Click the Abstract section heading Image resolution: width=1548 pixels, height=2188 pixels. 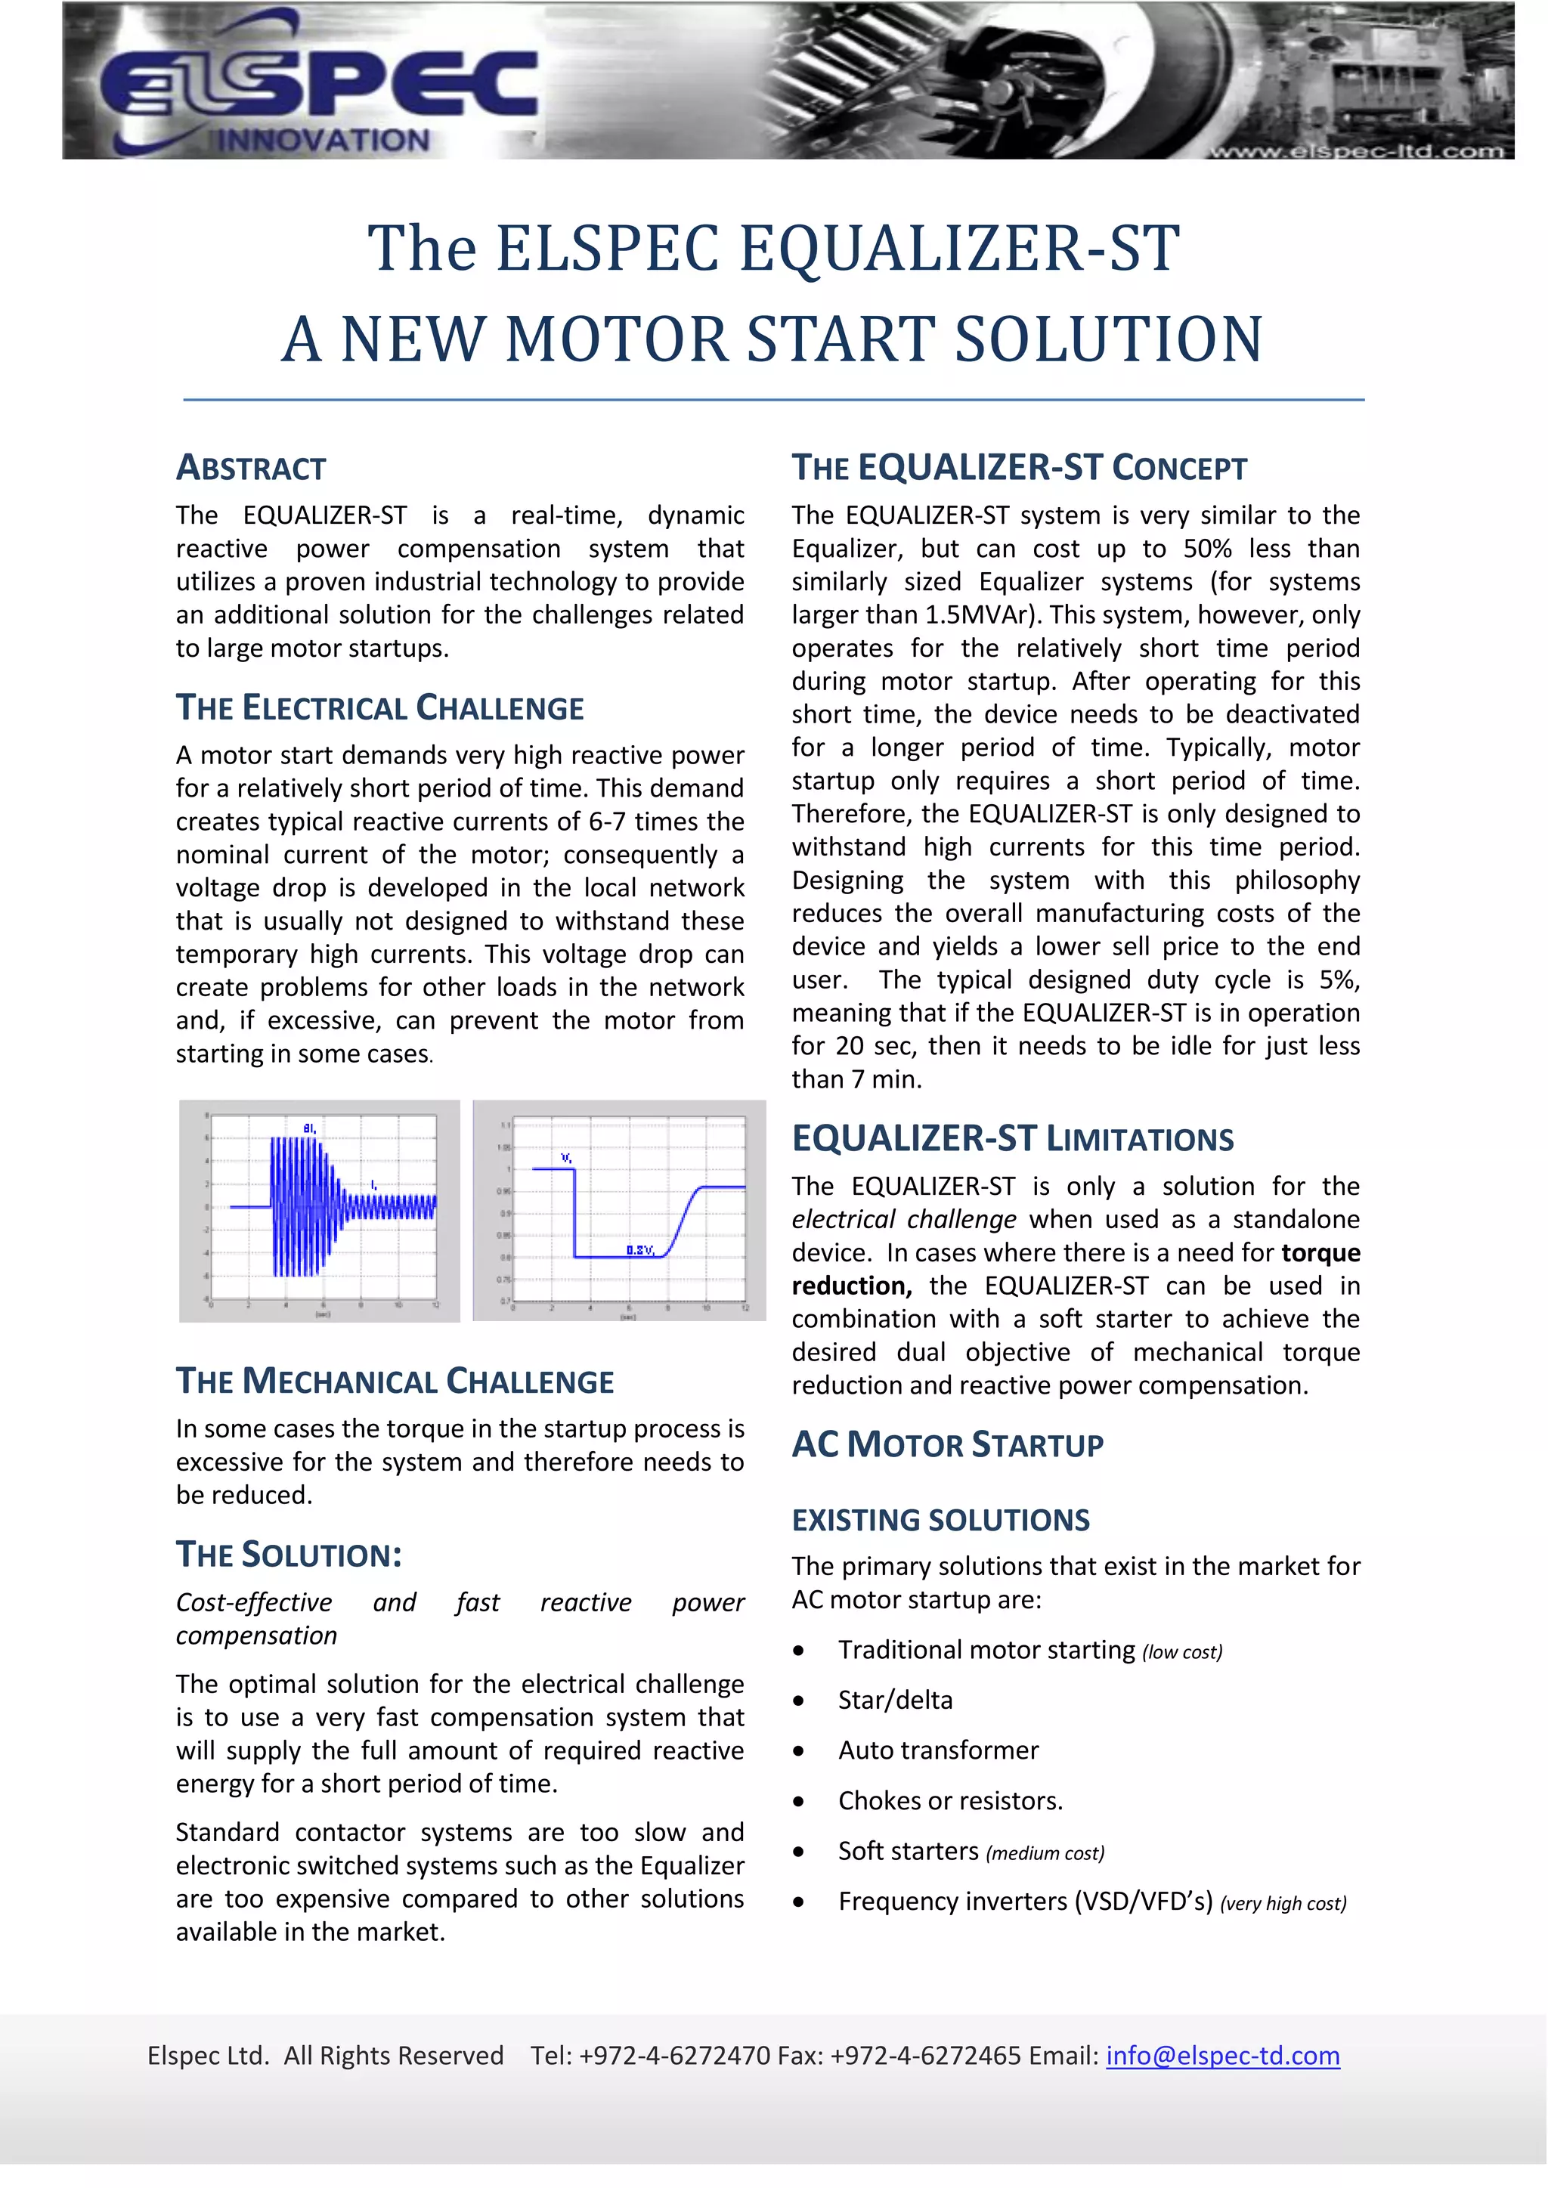click(x=251, y=468)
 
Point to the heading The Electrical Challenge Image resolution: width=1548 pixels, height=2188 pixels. click(x=379, y=708)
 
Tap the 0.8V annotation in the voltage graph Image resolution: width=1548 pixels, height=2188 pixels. click(x=639, y=1249)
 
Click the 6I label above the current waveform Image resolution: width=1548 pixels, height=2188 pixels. click(x=310, y=1128)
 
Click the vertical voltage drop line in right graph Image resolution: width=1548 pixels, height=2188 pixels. click(x=574, y=1212)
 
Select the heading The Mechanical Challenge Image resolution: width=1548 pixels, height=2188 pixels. click(x=395, y=1381)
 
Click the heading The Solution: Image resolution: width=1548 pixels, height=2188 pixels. click(x=289, y=1555)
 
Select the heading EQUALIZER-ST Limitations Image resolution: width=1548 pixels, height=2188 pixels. click(x=1012, y=1139)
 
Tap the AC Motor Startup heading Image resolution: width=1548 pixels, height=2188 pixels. click(x=948, y=1445)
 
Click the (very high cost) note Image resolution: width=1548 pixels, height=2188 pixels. click(x=1283, y=1903)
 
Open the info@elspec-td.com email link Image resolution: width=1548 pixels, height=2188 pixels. click(x=1222, y=2056)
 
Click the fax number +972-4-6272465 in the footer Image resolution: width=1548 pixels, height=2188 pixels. click(x=926, y=2056)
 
